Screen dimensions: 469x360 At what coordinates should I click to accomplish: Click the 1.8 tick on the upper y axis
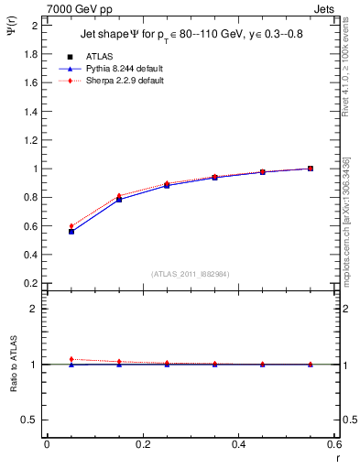coord(31,54)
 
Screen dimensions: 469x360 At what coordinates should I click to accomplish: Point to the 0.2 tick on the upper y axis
coord(31,283)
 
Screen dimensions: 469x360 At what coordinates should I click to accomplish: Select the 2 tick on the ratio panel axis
coord(35,309)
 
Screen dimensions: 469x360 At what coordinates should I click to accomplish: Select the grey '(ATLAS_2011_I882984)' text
coord(190,274)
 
